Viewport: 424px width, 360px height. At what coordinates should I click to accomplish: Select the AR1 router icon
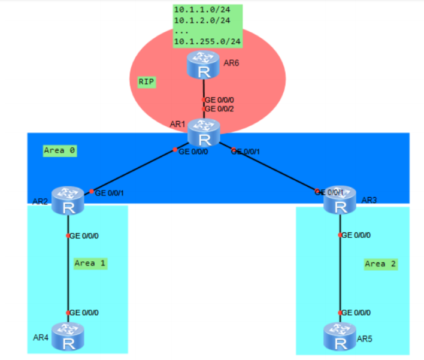point(204,133)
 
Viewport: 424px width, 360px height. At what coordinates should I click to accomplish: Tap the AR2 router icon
point(66,201)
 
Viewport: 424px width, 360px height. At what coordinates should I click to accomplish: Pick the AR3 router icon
point(340,201)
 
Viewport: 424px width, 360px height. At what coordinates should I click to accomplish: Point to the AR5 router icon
point(340,337)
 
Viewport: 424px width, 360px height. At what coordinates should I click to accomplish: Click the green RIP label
point(147,81)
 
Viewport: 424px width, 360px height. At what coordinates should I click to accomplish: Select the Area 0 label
point(59,150)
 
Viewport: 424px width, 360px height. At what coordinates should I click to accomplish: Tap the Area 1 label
point(90,262)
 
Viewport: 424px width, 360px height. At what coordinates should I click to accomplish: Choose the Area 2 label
point(380,264)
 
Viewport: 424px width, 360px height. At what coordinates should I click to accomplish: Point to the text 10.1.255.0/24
point(207,41)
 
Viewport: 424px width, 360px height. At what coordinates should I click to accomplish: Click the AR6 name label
point(232,62)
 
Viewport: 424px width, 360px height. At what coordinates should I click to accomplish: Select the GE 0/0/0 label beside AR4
point(84,313)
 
